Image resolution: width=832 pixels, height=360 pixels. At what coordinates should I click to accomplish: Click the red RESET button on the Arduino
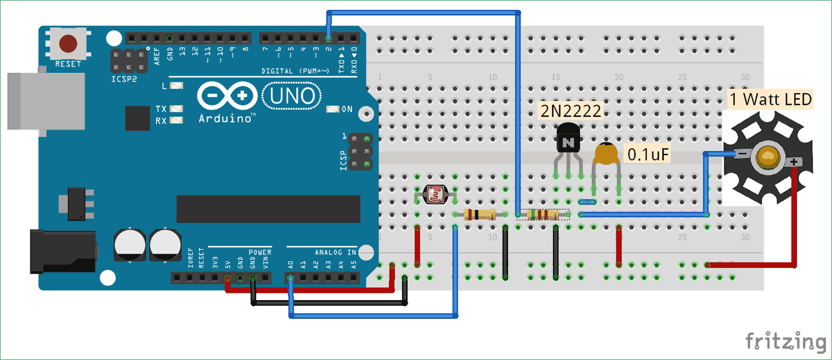(x=68, y=43)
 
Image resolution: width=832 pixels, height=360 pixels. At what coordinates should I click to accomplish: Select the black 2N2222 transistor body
(x=568, y=139)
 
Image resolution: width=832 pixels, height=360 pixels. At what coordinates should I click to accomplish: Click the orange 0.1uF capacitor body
(x=606, y=154)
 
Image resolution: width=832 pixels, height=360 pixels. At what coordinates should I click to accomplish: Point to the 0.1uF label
(x=647, y=154)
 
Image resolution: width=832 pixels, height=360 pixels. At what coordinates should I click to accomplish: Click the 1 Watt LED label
(x=770, y=100)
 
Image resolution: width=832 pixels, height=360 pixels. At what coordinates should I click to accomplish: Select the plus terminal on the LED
(x=794, y=162)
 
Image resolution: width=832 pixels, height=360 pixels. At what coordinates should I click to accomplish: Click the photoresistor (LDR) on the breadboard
(x=435, y=194)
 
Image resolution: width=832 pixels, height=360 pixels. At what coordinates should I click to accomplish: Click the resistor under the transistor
(x=542, y=215)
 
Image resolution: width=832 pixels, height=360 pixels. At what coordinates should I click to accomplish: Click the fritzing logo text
(x=785, y=341)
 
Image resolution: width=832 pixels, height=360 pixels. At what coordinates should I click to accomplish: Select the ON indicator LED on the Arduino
(x=333, y=109)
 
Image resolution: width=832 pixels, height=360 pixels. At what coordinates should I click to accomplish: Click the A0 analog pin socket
(x=291, y=277)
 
